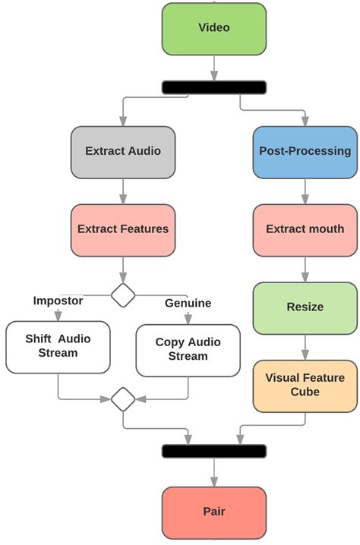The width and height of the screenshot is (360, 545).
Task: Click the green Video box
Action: click(214, 28)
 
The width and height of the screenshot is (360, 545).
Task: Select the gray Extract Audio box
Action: click(123, 151)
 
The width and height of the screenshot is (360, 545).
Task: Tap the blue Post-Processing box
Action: click(305, 151)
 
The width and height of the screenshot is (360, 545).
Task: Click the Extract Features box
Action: click(123, 229)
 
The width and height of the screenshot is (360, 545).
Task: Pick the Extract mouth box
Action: click(305, 229)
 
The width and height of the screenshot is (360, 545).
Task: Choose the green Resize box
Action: click(305, 307)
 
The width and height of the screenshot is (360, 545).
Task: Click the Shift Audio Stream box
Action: click(58, 346)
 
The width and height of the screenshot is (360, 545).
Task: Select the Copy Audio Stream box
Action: click(188, 350)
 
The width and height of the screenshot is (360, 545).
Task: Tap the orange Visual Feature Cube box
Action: click(305, 386)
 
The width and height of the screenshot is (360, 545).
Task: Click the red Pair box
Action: click(214, 512)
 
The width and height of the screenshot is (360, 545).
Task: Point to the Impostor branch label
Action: click(58, 300)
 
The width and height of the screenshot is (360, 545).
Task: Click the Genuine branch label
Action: click(188, 304)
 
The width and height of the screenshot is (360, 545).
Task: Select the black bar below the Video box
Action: click(214, 87)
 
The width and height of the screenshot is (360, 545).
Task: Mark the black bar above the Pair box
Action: click(214, 451)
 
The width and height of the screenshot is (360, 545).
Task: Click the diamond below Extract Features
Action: click(123, 294)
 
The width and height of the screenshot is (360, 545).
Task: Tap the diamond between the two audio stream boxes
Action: click(123, 398)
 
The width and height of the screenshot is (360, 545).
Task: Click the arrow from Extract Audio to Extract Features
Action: click(123, 191)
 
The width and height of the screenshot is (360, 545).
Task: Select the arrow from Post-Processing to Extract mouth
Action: click(305, 191)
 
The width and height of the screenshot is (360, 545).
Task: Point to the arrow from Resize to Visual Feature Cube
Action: click(305, 346)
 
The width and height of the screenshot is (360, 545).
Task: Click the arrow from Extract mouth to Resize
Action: click(305, 269)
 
